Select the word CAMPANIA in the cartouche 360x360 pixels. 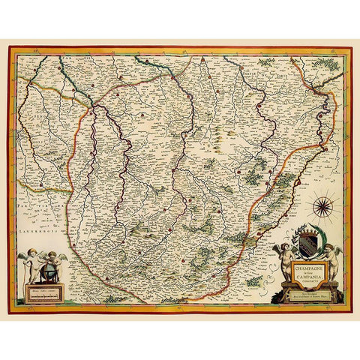click(303, 273)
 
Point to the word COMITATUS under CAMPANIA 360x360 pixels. click(303, 278)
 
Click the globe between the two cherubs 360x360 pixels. click(48, 268)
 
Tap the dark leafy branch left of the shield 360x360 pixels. click(293, 241)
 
